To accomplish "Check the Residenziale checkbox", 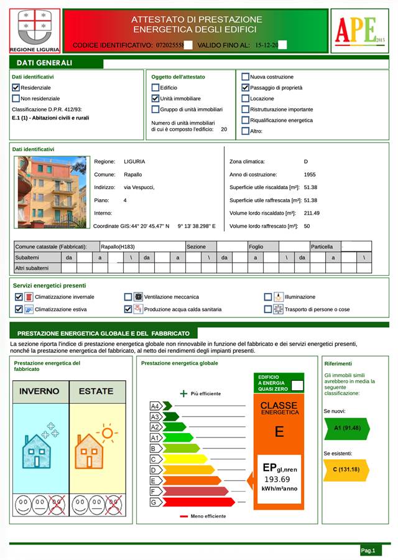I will [x=16, y=88].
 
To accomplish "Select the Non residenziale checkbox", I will [x=16, y=98].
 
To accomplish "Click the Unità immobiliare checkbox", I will [x=155, y=98].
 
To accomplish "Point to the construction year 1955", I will [x=309, y=175].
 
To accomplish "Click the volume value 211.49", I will [x=312, y=213].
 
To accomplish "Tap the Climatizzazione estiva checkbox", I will [x=19, y=309].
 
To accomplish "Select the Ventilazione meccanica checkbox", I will [x=128, y=297].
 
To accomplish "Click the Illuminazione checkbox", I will [x=268, y=297].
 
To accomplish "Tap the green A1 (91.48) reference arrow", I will [x=346, y=428].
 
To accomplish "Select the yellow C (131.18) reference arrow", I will [x=346, y=469].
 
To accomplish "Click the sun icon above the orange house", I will [x=108, y=434].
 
